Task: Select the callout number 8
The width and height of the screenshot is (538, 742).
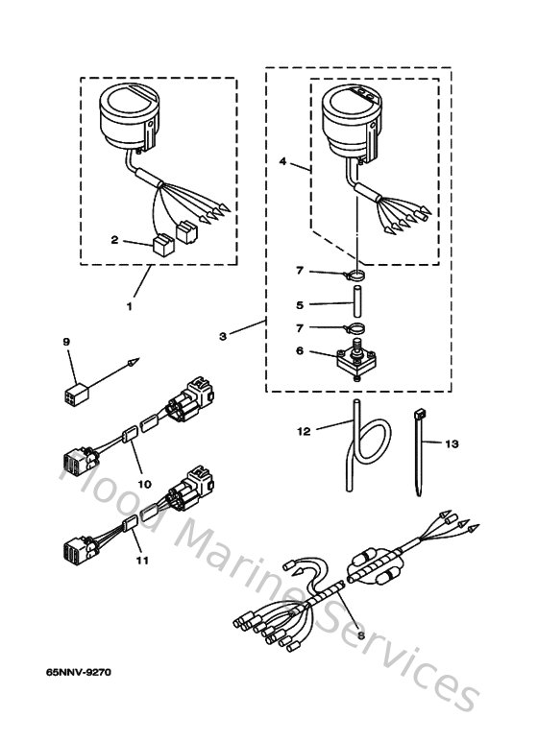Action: (360, 634)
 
